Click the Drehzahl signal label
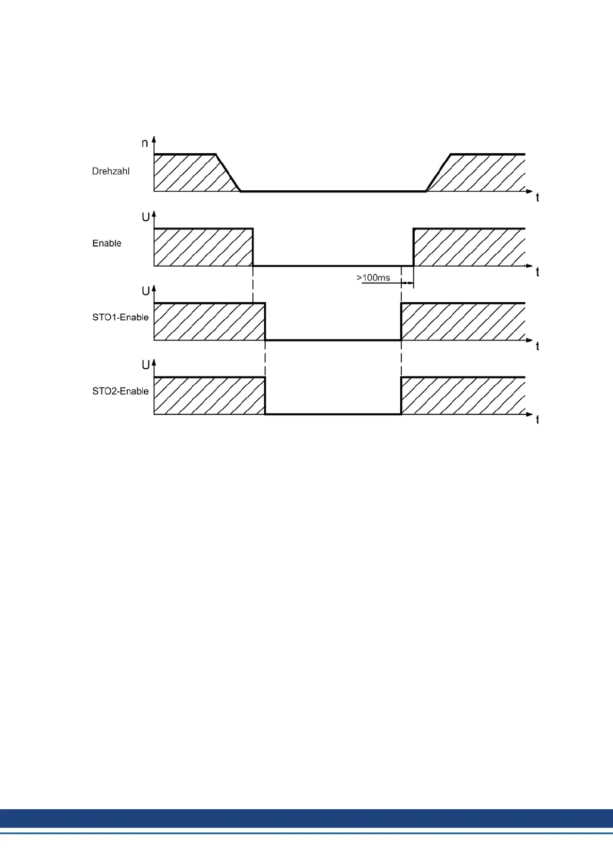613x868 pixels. [111, 171]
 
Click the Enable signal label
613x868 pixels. [107, 243]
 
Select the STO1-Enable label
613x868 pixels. [120, 317]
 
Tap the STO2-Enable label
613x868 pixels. [120, 391]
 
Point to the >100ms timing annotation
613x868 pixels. [373, 278]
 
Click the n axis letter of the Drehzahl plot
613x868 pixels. [145, 143]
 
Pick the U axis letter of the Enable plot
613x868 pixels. [146, 217]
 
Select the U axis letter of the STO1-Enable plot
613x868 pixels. [146, 291]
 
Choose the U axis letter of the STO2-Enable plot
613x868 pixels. [146, 365]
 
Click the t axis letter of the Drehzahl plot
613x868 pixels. [537, 198]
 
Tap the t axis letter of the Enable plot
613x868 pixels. [537, 272]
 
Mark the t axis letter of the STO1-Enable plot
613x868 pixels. [537, 346]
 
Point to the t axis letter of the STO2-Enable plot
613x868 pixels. [537, 420]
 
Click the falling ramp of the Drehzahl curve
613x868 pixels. [228, 173]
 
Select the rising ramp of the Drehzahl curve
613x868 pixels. [438, 173]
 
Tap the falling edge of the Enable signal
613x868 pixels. [253, 247]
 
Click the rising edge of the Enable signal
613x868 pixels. [413, 247]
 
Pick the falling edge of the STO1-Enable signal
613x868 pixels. [265, 321]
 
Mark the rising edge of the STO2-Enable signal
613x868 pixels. [401, 396]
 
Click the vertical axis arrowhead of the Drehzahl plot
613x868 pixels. [154, 140]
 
